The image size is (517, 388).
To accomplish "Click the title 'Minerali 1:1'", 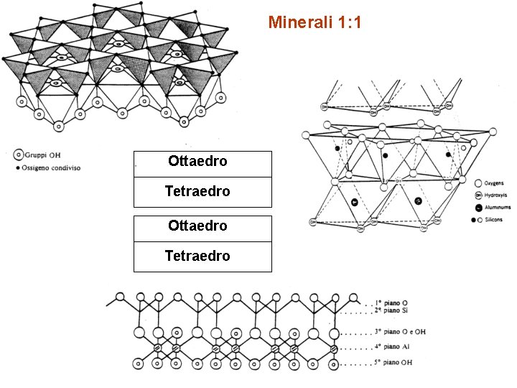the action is point(315,23).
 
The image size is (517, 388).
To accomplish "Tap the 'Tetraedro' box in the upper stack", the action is point(202,192).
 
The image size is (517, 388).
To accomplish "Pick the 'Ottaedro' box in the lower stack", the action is point(202,226).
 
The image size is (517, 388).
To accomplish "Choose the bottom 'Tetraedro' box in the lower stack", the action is point(202,257).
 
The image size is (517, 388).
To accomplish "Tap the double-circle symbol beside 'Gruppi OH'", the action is point(17,154).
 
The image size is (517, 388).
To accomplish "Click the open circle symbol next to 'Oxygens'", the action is point(478,183).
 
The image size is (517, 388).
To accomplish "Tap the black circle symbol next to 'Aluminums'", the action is point(478,208).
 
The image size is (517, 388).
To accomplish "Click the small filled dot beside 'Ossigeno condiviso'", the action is point(17,167).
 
